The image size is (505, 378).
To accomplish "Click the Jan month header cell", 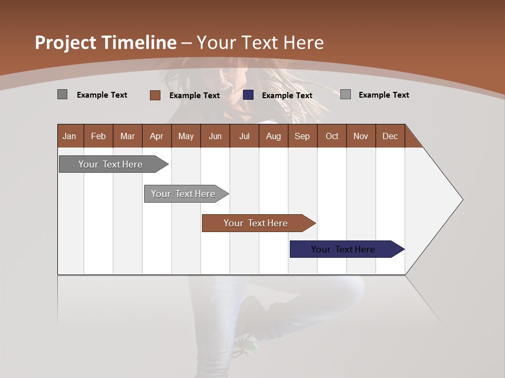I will pos(69,136).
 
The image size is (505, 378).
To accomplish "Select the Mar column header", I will pos(127,136).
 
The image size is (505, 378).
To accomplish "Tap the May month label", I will pos(186,136).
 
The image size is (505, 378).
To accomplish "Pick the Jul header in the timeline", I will pos(244,136).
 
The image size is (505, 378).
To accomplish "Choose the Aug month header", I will pos(273,136).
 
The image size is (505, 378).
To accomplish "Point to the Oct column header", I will pos(332,136).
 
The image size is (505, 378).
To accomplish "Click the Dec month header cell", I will pos(390,136).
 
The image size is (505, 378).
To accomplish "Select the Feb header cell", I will pos(98,136).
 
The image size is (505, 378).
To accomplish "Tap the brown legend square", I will pos(155,95).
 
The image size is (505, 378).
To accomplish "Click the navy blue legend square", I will pos(248,95).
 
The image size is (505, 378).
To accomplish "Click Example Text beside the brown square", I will pos(194,96).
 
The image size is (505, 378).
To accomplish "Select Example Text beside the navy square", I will pos(287,96).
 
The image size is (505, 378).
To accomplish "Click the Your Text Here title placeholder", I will pos(260,43).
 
